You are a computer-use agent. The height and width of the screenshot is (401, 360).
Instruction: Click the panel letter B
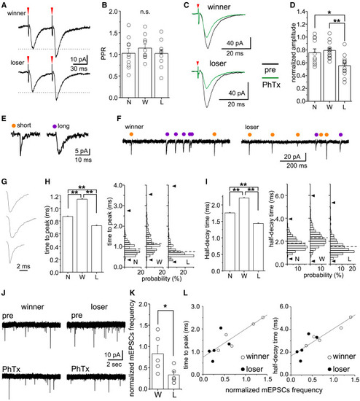pos(104,5)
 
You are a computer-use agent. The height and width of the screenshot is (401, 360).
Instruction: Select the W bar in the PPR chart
pos(145,73)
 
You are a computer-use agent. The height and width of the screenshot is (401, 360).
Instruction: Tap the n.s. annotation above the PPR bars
pos(145,12)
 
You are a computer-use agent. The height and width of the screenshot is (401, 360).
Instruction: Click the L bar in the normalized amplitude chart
pos(344,83)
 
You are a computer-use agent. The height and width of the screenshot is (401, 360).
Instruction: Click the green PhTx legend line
pos(270,78)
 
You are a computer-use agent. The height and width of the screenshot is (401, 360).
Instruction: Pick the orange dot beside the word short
pos(14,125)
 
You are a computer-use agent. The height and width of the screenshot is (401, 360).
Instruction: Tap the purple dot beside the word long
pos(55,126)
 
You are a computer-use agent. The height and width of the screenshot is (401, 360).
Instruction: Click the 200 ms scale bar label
pos(297,166)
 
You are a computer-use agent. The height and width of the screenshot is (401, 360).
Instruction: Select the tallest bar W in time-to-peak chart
pos(82,235)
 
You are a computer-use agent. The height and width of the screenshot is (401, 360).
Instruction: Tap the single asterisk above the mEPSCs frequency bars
pos(165,306)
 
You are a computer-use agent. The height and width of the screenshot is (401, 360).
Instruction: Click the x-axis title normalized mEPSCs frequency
pos(273,390)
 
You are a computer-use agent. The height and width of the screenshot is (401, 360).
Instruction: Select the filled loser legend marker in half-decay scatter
pos(329,370)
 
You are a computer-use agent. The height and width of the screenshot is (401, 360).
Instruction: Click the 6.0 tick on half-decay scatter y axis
pos(283,306)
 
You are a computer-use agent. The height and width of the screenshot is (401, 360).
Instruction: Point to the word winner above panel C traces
pos(219,7)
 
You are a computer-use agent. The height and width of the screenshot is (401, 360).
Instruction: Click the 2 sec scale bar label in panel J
pos(114,364)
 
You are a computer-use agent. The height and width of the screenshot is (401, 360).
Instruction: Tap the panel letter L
pos(186,292)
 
